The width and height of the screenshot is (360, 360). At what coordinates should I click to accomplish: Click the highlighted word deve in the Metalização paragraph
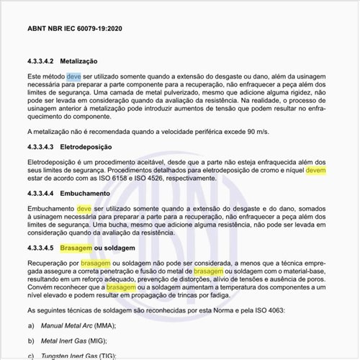[x=74, y=76]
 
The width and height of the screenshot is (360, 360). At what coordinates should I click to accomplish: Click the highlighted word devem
[x=317, y=171]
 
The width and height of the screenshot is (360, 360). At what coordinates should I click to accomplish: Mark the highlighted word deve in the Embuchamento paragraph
[x=84, y=207]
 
